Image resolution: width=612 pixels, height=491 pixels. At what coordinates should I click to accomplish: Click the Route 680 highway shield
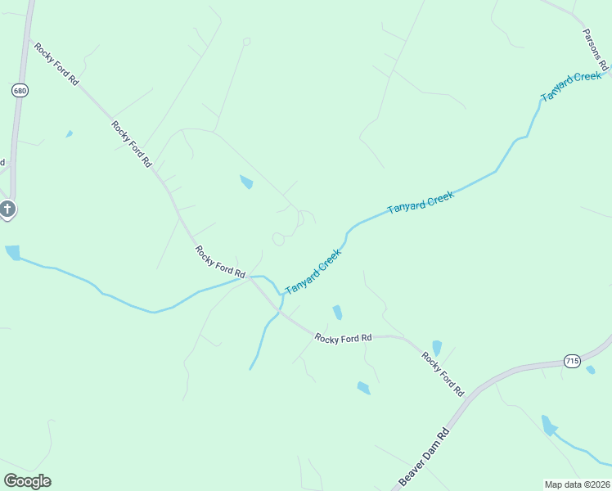[x=20, y=91]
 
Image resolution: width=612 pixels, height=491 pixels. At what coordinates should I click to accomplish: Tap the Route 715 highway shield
[x=571, y=361]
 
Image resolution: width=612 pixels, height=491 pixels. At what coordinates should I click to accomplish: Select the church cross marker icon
[x=7, y=209]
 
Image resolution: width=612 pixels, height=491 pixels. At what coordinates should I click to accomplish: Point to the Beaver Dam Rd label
[x=425, y=457]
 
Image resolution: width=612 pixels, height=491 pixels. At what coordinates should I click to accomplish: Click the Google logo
[x=27, y=481]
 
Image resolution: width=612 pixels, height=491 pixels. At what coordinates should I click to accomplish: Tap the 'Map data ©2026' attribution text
[x=577, y=484]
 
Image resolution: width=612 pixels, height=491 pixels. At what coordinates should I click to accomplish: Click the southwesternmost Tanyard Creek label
[x=313, y=273]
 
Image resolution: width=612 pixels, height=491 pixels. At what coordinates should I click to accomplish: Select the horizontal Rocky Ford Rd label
[x=344, y=338]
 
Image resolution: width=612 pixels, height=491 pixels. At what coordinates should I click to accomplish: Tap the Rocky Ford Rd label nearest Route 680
[x=56, y=64]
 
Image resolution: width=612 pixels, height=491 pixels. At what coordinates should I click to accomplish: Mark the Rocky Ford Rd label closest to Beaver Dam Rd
[x=443, y=374]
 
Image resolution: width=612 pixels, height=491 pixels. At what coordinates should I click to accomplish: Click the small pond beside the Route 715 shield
[x=591, y=370]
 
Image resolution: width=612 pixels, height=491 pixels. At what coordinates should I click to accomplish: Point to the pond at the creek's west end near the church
[x=12, y=253]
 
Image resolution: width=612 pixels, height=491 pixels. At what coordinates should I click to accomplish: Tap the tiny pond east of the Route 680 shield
[x=70, y=133]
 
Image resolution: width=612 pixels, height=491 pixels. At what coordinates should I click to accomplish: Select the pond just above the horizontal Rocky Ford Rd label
[x=337, y=313]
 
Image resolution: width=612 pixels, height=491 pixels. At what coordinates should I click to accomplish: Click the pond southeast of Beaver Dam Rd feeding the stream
[x=548, y=426]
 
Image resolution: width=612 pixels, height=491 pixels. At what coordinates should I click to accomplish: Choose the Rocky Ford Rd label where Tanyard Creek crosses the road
[x=220, y=261]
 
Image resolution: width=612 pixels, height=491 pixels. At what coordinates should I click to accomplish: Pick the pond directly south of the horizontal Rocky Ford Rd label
[x=363, y=388]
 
